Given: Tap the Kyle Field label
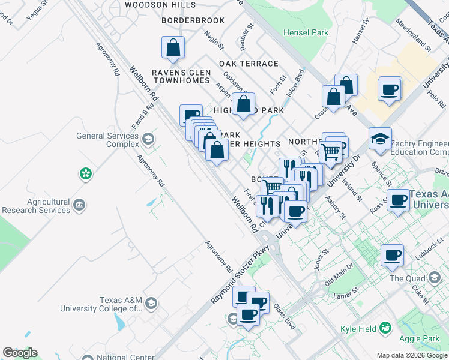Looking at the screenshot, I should (358, 328).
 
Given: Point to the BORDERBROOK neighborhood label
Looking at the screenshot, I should (193, 20).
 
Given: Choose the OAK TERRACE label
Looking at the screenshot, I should (249, 64).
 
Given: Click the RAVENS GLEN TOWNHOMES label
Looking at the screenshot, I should (181, 77).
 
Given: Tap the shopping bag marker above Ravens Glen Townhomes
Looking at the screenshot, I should (173, 49).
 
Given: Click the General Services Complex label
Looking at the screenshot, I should (106, 140).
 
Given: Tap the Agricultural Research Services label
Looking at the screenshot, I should (36, 206).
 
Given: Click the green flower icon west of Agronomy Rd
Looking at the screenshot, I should (86, 174).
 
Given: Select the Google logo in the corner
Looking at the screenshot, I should (20, 353).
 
